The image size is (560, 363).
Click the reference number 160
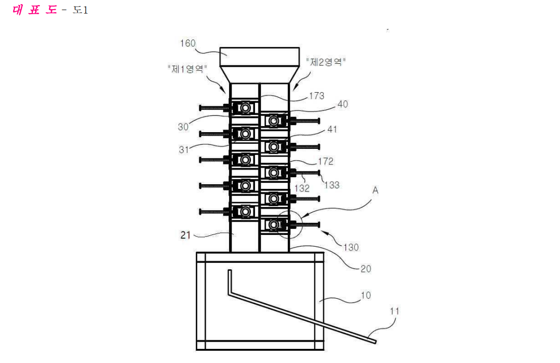pos(188,43)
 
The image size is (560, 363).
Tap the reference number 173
pos(317,96)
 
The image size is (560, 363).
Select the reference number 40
pos(342,104)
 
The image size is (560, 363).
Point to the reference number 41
pos(332,129)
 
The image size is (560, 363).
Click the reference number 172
pos(325,162)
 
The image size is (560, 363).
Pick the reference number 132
pos(302,188)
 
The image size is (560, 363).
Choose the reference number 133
pos(332,185)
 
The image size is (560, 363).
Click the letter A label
pos(375,190)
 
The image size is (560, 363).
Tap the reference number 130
pos(351,247)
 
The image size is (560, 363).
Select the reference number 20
pos(366,269)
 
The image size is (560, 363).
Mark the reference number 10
pos(366,296)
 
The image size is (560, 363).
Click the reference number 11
pos(394,311)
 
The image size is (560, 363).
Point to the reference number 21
pos(185,235)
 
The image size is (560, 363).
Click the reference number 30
pos(183,127)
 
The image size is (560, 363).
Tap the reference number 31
pos(184,150)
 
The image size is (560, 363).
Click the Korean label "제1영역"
pos(188,68)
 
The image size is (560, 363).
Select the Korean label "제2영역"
pos(326,62)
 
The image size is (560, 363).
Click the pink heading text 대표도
pos(34,10)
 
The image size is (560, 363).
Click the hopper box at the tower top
pos(260,57)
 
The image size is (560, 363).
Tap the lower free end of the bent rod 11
pos(374,342)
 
